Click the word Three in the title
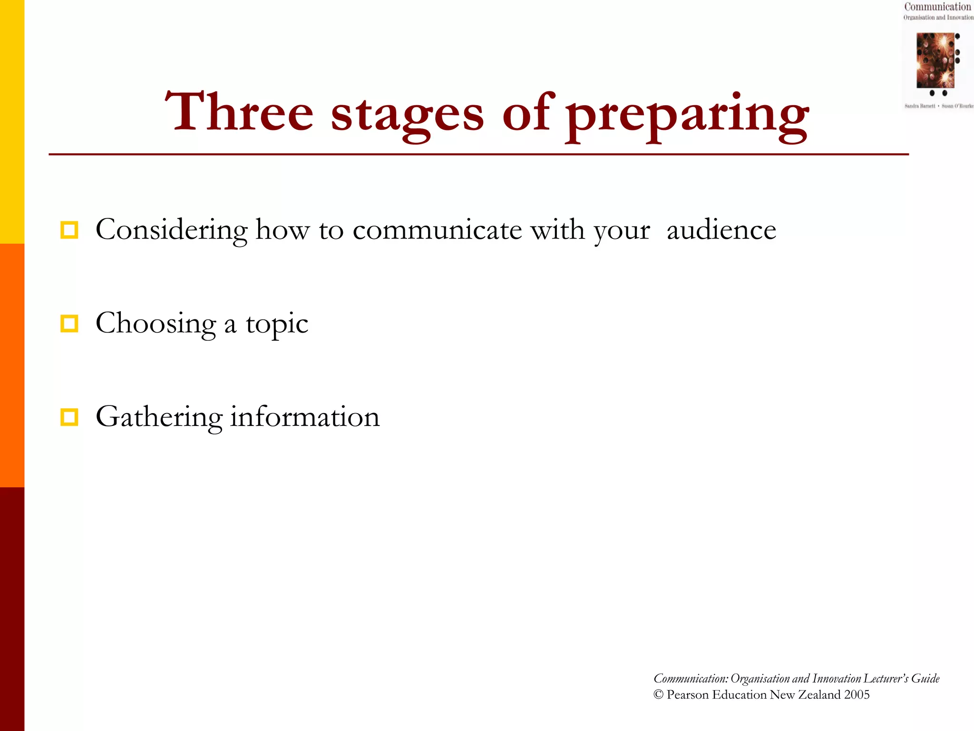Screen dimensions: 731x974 point(239,112)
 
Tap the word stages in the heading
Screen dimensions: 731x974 point(407,114)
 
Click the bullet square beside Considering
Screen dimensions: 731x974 point(69,230)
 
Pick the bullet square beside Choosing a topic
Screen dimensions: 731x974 point(69,324)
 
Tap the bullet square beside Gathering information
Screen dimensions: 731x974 point(69,417)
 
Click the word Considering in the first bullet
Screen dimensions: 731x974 point(171,230)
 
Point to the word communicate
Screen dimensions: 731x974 point(437,230)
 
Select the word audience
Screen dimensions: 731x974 point(721,230)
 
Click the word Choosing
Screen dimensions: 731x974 point(156,324)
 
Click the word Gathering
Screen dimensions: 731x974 point(159,417)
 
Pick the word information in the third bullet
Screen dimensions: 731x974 point(305,417)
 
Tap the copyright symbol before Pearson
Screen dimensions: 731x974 point(658,694)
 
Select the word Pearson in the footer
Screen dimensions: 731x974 point(687,694)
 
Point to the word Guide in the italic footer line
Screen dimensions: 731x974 point(925,678)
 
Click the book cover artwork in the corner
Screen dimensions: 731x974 point(935,60)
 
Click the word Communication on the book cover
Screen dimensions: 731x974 point(937,7)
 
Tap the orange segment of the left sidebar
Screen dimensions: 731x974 point(12,365)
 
